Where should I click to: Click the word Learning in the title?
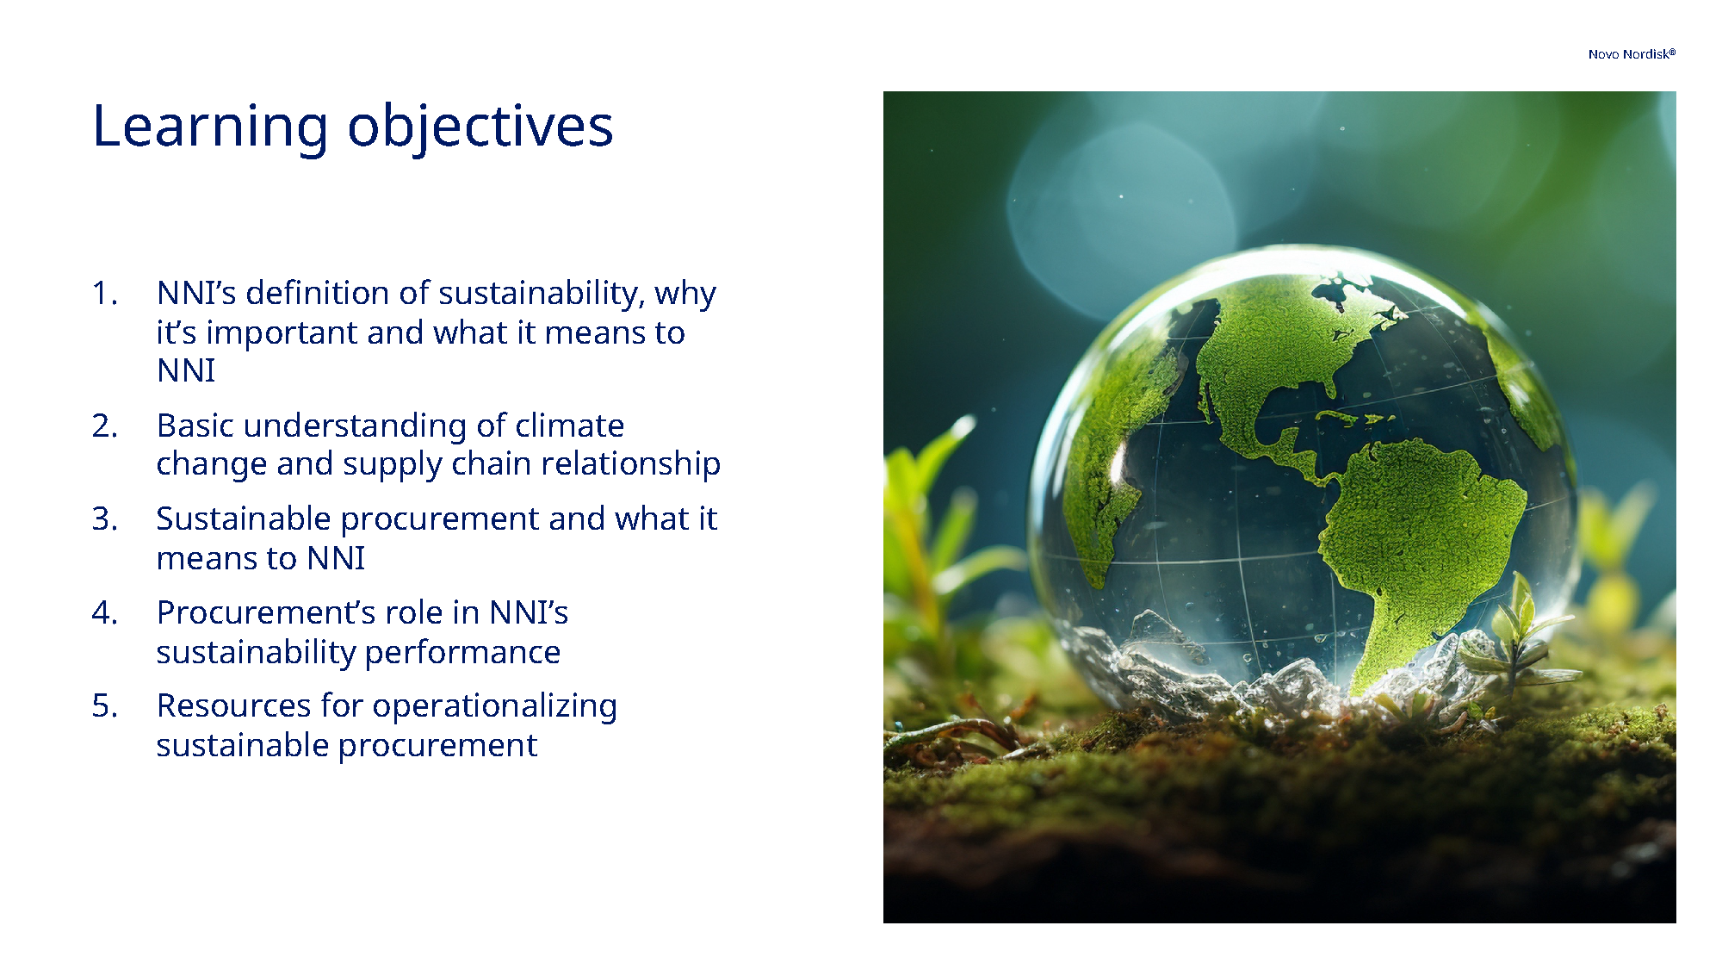pyautogui.click(x=210, y=127)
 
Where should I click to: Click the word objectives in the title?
pyautogui.click(x=480, y=127)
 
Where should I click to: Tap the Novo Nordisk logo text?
pyautogui.click(x=1631, y=54)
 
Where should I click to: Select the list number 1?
pyautogui.click(x=104, y=294)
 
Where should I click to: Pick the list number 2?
pyautogui.click(x=104, y=426)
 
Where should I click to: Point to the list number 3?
pyautogui.click(x=104, y=519)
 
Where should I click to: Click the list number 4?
pyautogui.click(x=104, y=613)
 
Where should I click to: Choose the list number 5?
pyautogui.click(x=104, y=706)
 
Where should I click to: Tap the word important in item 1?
pyautogui.click(x=282, y=333)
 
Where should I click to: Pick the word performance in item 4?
pyautogui.click(x=462, y=653)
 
